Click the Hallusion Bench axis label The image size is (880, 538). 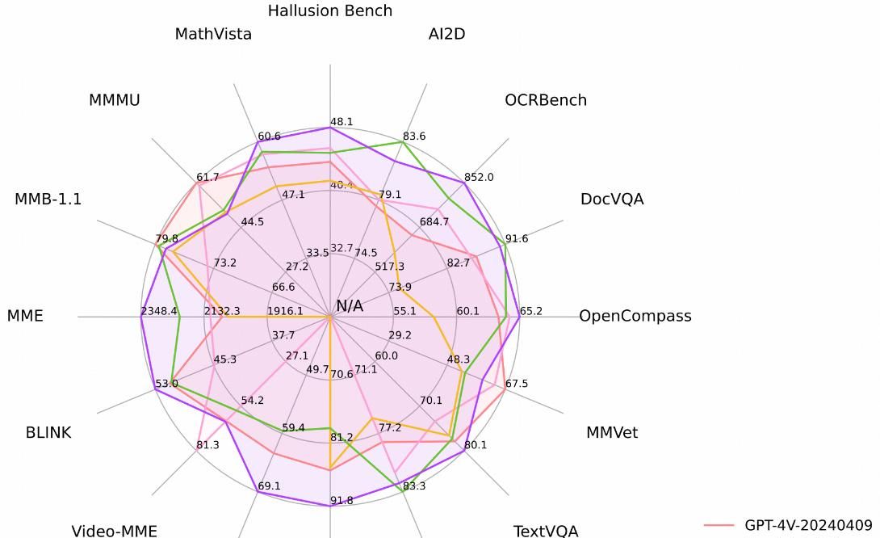329,11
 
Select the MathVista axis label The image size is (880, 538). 213,34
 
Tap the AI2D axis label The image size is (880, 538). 446,34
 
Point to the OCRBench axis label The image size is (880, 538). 546,100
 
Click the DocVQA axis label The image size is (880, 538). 612,199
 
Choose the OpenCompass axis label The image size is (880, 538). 635,316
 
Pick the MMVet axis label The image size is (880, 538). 612,432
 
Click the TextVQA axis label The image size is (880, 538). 546,531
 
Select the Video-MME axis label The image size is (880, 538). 115,531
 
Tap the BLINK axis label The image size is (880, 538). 48,432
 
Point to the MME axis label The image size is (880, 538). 25,316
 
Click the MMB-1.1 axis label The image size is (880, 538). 48,199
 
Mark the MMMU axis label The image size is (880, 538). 115,100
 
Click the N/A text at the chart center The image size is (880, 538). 350,306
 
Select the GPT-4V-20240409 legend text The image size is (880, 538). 808,525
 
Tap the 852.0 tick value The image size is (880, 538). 479,178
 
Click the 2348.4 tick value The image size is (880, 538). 159,311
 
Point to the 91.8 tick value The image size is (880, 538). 342,501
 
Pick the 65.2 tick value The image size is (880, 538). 531,311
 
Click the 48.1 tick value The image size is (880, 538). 342,122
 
